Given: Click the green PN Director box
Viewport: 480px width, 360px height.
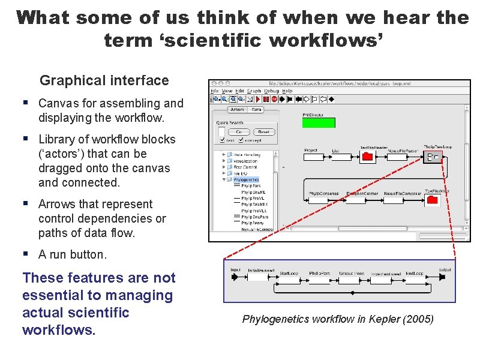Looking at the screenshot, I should pyautogui.click(x=318, y=123).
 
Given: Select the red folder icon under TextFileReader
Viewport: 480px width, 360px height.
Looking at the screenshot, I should pyautogui.click(x=368, y=157).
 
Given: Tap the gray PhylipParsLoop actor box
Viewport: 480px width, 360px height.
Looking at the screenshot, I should pyautogui.click(x=433, y=158).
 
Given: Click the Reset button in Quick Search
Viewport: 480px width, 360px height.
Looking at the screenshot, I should pyautogui.click(x=263, y=132).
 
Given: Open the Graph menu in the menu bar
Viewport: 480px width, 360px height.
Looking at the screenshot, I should pyautogui.click(x=254, y=91).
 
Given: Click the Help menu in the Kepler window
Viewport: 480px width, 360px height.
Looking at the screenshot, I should pyautogui.click(x=287, y=91).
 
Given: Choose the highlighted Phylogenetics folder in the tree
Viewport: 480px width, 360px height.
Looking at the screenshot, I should pyautogui.click(x=245, y=179).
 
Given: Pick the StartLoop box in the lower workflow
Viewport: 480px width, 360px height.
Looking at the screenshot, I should pyautogui.click(x=289, y=279).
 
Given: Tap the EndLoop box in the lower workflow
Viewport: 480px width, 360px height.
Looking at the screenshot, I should pyautogui.click(x=414, y=279).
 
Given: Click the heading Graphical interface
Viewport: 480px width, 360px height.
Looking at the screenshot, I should pyautogui.click(x=104, y=80).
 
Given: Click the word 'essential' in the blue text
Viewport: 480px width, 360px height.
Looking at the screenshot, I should pyautogui.click(x=51, y=295).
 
